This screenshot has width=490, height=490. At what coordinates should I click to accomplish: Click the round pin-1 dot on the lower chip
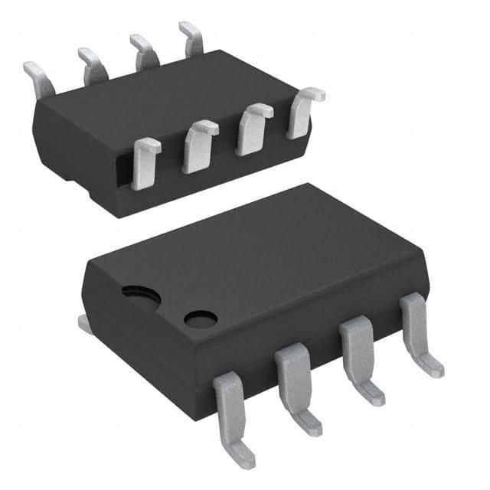pyautogui.click(x=201, y=318)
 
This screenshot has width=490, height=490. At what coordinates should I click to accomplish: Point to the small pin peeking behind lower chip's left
pyautogui.click(x=86, y=325)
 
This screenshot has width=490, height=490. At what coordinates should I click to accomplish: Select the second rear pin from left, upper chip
pyautogui.click(x=92, y=63)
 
